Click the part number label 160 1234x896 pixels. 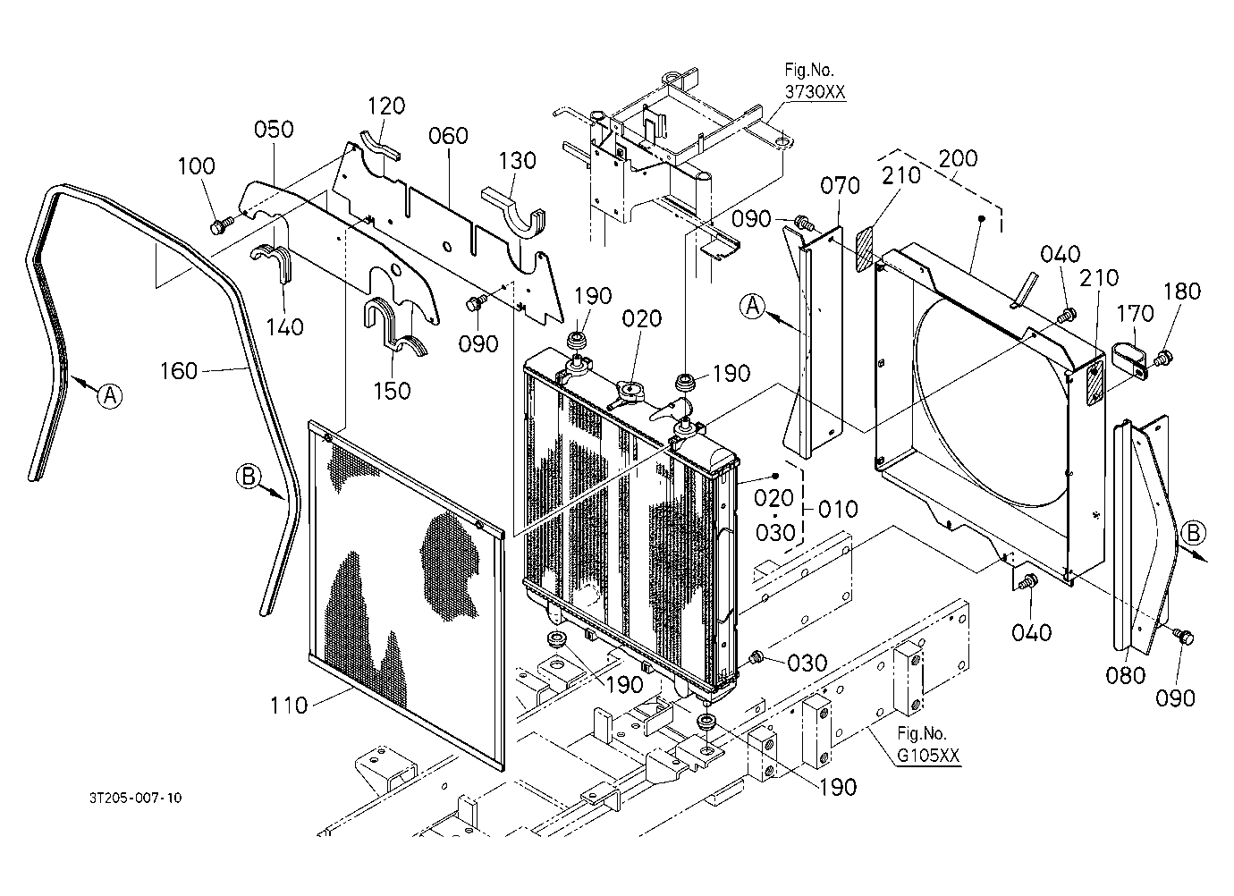click(x=179, y=371)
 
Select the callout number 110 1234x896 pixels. click(x=289, y=706)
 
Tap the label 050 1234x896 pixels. click(x=274, y=130)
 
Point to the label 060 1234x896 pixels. click(x=448, y=136)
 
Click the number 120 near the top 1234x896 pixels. click(x=386, y=106)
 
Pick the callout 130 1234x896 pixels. click(x=517, y=161)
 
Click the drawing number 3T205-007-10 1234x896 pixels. click(x=136, y=798)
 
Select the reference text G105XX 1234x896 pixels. click(x=929, y=755)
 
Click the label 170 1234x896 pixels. click(x=1135, y=314)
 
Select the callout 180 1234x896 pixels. click(x=1182, y=292)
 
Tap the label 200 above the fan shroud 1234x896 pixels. click(x=959, y=158)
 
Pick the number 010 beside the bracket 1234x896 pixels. click(x=838, y=509)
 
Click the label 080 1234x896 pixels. click(x=1126, y=676)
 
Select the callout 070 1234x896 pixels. click(x=841, y=186)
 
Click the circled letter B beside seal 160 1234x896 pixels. click(x=249, y=476)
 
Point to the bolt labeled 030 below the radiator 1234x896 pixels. click(x=756, y=657)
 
